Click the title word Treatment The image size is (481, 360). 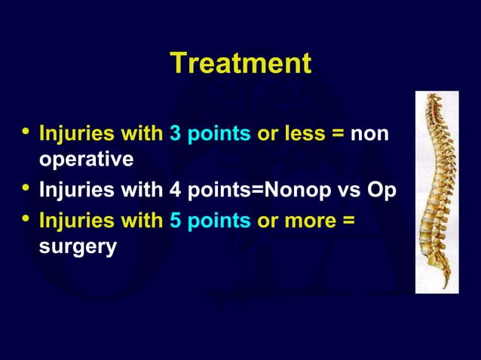[x=240, y=63]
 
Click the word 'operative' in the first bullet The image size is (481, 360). [x=86, y=160]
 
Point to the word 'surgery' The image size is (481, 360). [x=78, y=247]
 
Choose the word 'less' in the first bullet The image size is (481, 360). [x=309, y=134]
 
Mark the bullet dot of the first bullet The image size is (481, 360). [x=25, y=134]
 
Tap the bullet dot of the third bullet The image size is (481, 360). [x=25, y=221]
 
